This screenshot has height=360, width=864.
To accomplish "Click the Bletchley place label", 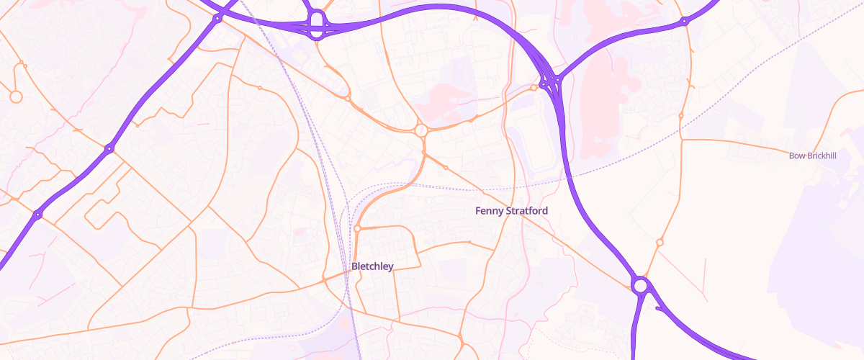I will coord(372,266).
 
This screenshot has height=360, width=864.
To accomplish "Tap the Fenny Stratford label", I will coord(512,211).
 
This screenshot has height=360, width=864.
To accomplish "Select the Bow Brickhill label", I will coord(813,156).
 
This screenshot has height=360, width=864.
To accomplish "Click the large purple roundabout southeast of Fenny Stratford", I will coord(639,286).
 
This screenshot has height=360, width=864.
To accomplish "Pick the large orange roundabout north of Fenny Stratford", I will coord(421,130).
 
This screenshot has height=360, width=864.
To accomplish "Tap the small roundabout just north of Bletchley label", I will coord(357,229).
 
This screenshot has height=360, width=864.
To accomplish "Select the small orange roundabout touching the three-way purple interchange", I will coord(534,88).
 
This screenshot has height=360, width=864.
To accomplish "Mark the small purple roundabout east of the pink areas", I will coord(684,22).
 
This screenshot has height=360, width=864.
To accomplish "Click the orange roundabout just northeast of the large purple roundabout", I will coord(660,243).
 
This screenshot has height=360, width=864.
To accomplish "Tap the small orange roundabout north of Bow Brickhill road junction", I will coord(681,115).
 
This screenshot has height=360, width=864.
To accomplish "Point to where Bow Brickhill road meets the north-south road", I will coord(681,140).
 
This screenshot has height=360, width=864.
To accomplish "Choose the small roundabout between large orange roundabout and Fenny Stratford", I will coord(446,168).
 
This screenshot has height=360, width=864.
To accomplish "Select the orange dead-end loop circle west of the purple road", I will coord(16,96).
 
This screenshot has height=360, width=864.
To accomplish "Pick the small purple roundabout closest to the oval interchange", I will coord(217,19).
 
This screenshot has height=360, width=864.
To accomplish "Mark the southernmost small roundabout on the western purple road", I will coord(37,215).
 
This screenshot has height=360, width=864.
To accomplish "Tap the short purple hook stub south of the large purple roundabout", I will coord(658,310).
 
